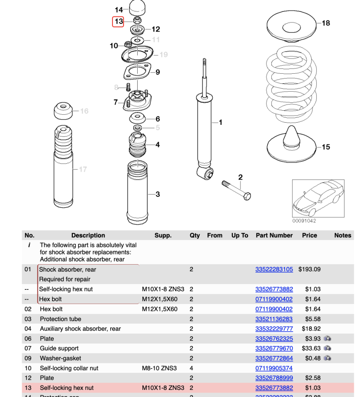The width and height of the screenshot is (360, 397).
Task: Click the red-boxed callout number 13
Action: [x=118, y=21]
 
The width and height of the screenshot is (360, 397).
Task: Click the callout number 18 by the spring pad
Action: [x=326, y=23]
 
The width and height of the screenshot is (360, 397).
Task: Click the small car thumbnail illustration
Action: [x=318, y=199]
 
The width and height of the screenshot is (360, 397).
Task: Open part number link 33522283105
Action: [x=274, y=270]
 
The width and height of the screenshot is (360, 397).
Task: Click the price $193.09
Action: [x=309, y=270]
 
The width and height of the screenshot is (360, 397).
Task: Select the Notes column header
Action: [x=342, y=236]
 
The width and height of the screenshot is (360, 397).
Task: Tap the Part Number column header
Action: [x=274, y=236]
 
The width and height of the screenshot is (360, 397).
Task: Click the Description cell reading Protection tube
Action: [x=60, y=319]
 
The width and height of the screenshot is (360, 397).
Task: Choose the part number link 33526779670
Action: [x=274, y=348]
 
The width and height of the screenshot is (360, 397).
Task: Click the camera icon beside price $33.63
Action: [x=327, y=348]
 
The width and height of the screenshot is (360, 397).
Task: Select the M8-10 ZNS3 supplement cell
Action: [x=159, y=368]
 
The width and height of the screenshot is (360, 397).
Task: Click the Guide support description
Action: [x=59, y=348]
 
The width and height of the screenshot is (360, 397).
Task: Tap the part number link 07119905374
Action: [x=274, y=368]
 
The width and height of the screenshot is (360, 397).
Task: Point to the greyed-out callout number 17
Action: [x=83, y=169]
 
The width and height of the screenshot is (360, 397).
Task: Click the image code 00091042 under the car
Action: [x=304, y=221]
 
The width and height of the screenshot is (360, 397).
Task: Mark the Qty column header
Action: [x=195, y=236]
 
